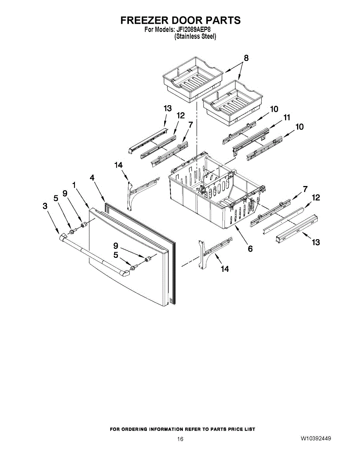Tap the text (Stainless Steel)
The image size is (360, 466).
tap(195, 37)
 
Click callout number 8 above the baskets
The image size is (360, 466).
tap(246, 59)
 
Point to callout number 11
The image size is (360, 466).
tap(287, 117)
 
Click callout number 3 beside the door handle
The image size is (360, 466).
tap(45, 207)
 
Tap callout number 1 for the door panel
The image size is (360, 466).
tap(74, 185)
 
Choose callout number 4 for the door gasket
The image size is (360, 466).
tap(92, 178)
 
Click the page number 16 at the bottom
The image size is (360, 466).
tap(180, 439)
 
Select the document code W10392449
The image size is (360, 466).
tap(315, 439)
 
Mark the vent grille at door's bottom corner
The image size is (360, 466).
tap(171, 300)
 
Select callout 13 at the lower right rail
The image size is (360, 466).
tap(316, 242)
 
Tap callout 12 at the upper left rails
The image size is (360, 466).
tap(181, 115)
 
